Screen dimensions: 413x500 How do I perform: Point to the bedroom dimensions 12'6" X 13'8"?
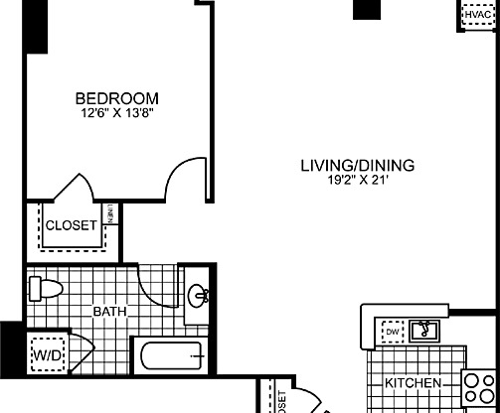117,113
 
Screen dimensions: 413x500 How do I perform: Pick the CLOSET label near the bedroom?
72,225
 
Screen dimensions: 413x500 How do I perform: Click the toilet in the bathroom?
46,289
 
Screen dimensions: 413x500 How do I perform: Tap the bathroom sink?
198,295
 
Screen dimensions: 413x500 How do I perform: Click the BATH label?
109,312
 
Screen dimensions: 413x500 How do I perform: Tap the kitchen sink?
426,330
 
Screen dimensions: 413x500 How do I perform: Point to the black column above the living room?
367,9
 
